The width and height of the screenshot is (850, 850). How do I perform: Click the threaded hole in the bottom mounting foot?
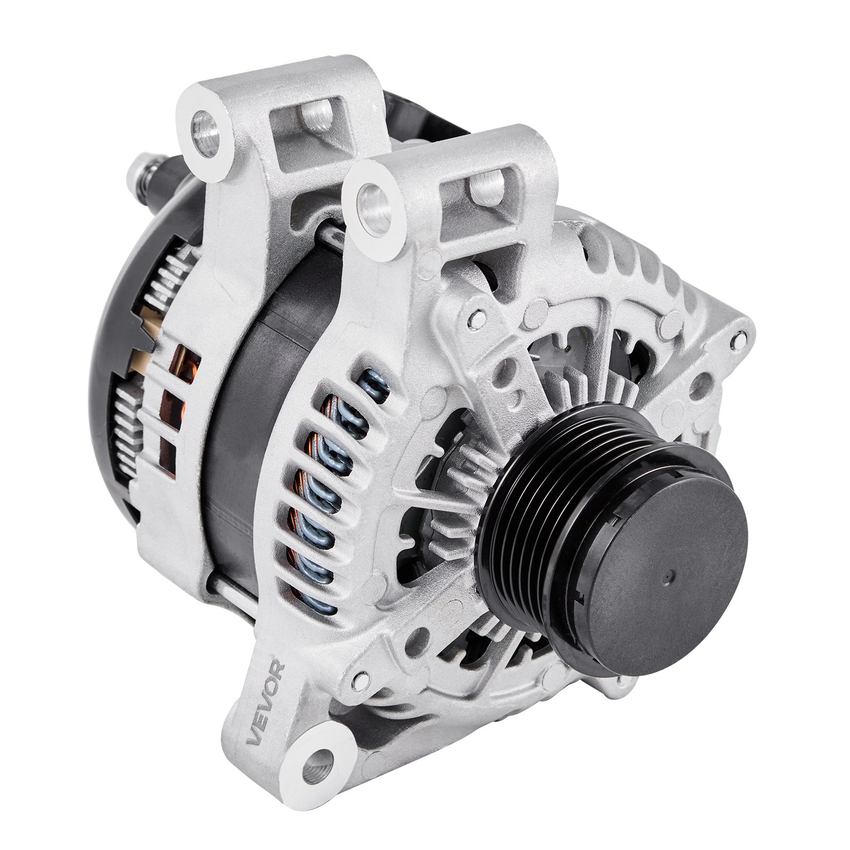pyautogui.click(x=319, y=752)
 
